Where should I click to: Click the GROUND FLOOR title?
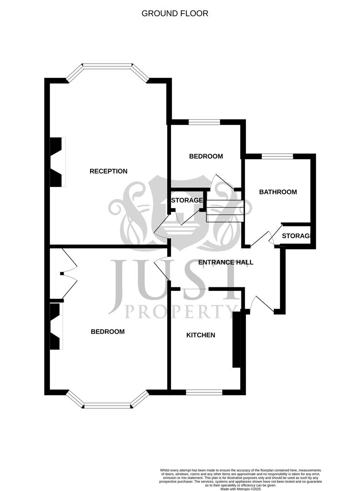point(175,14)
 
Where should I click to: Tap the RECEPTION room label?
point(108,171)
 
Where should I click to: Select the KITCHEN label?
point(200,336)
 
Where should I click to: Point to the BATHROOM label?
point(278,192)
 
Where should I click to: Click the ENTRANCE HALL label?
point(226,262)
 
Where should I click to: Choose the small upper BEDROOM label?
point(206,156)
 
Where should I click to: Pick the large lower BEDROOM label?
point(108,332)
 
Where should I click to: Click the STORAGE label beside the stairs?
point(186,200)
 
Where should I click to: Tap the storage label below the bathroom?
point(296,236)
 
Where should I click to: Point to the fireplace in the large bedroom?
point(55,326)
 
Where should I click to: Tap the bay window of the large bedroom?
point(107,404)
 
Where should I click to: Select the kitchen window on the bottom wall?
point(204,392)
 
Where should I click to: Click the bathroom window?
point(277,156)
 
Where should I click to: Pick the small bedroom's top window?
point(204,122)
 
